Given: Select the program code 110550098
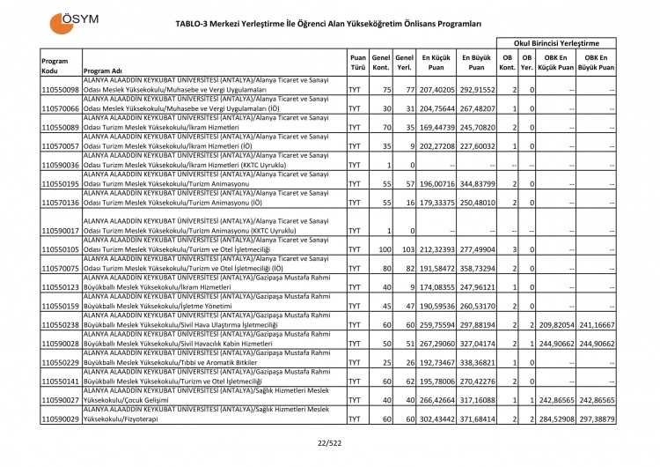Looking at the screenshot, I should [x=61, y=90].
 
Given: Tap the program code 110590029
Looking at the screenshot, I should [x=61, y=419].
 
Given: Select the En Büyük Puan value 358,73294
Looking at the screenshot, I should [x=476, y=267].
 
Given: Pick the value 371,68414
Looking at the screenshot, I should [x=476, y=419].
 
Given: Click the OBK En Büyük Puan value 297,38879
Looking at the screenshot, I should [x=596, y=419].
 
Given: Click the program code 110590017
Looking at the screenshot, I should [x=61, y=230].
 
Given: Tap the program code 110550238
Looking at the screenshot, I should [x=61, y=324].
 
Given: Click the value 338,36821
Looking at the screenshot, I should [x=476, y=362].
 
